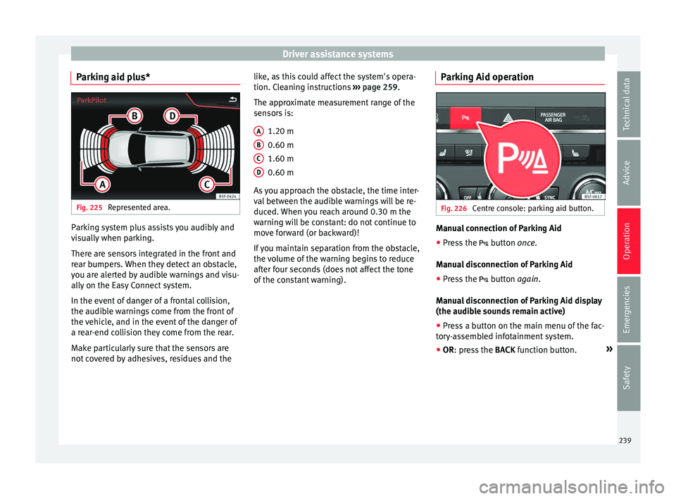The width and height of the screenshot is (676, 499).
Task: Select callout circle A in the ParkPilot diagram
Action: point(103,183)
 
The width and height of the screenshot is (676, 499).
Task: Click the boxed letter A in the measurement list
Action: point(259,131)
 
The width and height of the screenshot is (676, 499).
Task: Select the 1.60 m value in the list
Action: point(281,159)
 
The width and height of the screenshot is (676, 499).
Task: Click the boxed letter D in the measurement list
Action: point(259,172)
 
